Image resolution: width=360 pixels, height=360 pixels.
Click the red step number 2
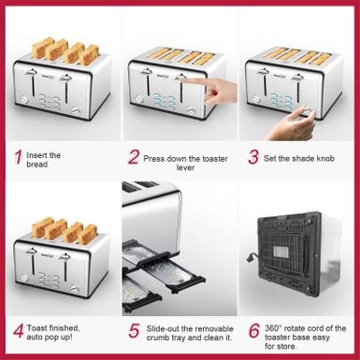tap(134, 157)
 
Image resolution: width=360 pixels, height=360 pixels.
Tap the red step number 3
tap(252, 157)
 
